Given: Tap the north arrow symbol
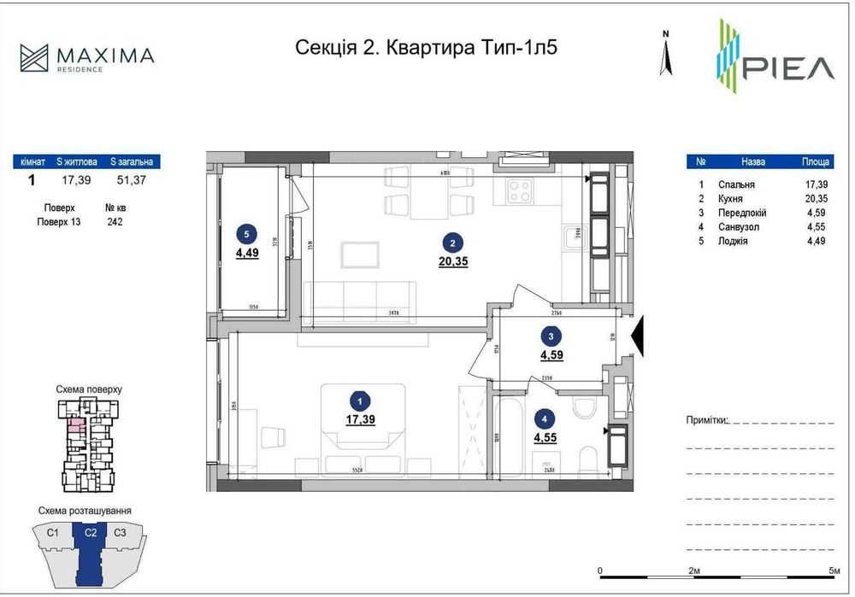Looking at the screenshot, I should (665, 56).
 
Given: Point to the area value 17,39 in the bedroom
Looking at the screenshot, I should (361, 419).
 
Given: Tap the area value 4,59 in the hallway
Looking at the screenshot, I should (551, 354).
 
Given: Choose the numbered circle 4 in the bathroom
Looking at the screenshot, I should (545, 418).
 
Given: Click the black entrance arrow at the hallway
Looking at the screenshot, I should (637, 335).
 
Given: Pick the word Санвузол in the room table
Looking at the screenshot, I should (737, 227).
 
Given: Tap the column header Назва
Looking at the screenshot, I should (753, 161).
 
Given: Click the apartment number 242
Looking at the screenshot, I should (115, 221).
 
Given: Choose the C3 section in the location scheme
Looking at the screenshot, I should (121, 534).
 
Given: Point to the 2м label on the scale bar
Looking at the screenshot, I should (693, 571).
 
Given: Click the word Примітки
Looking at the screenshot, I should (706, 420).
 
